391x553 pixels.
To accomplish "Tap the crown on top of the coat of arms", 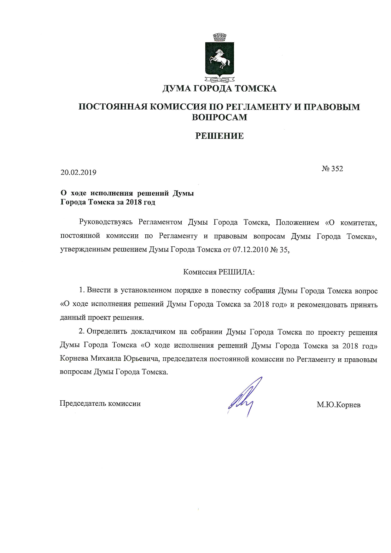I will click(219, 38).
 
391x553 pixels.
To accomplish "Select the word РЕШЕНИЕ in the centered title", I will click(219, 136).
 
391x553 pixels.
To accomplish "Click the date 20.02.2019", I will click(78, 173).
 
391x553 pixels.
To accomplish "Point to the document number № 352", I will click(332, 169).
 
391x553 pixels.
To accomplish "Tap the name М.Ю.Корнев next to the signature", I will click(339, 405).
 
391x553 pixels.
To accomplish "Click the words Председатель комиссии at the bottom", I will click(100, 403).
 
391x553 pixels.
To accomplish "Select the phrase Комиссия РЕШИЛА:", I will click(219, 272).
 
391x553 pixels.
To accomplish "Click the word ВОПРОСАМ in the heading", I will click(219, 117).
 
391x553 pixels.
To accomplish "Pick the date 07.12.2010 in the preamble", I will click(251, 250).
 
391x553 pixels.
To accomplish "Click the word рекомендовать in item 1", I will click(323, 305).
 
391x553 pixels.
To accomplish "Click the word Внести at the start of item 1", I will click(97, 291).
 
